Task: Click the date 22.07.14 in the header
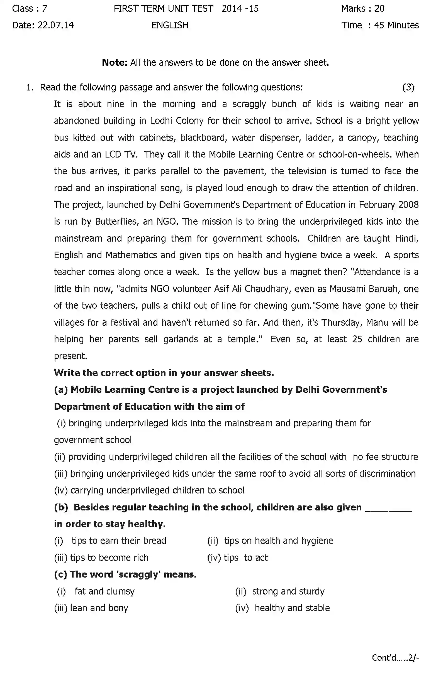pyautogui.click(x=55, y=25)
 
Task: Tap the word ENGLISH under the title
pyautogui.click(x=170, y=25)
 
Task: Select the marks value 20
pyautogui.click(x=379, y=8)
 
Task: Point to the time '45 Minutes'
pyautogui.click(x=396, y=25)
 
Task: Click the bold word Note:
pyautogui.click(x=115, y=63)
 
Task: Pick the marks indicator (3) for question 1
pyautogui.click(x=408, y=88)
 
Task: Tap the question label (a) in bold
pyautogui.click(x=61, y=390)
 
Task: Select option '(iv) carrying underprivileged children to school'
pyautogui.click(x=149, y=490)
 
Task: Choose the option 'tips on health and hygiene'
pyautogui.click(x=278, y=541)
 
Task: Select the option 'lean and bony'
pyautogui.click(x=99, y=608)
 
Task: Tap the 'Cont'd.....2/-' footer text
pyautogui.click(x=395, y=658)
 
